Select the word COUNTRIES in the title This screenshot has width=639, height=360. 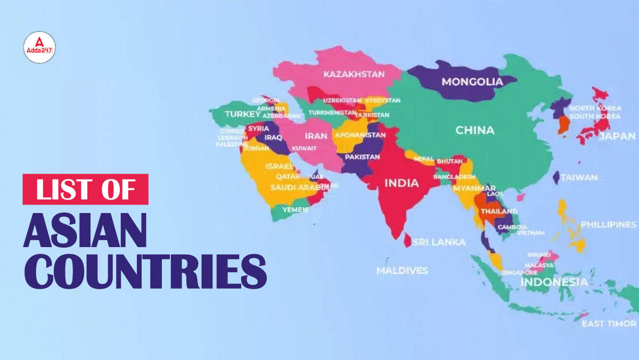click(x=144, y=272)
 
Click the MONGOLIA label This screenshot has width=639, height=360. click(x=472, y=82)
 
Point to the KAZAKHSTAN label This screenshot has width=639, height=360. click(x=354, y=74)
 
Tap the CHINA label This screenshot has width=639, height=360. click(x=474, y=130)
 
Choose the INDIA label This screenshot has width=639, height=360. click(x=402, y=183)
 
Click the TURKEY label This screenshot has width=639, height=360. click(x=242, y=114)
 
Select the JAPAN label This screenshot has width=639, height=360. click(x=617, y=136)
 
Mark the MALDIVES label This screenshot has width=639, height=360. click(x=402, y=271)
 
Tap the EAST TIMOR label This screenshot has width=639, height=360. click(x=609, y=324)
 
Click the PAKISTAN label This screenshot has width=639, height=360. click(x=362, y=157)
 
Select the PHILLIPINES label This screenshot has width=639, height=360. click(x=608, y=225)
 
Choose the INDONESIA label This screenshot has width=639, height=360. click(x=554, y=282)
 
